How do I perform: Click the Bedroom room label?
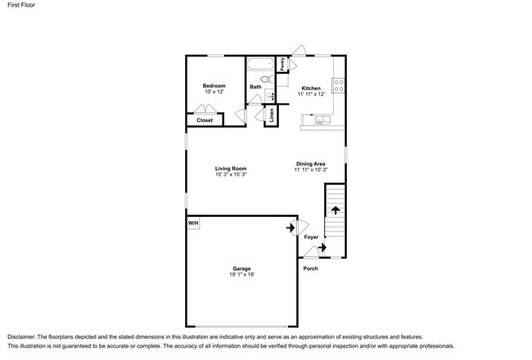click(214, 86)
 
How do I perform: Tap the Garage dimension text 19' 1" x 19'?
click(241, 274)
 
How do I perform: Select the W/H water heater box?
click(193, 223)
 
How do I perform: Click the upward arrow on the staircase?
click(336, 210)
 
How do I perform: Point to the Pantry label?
click(282, 64)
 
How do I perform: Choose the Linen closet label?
click(272, 115)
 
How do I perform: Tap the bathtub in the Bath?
click(260, 64)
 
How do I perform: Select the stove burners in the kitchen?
click(339, 85)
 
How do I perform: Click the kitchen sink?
click(322, 119)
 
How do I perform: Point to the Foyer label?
click(311, 237)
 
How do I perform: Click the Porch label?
click(310, 268)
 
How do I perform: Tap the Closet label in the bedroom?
click(205, 120)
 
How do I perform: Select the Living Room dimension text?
click(231, 174)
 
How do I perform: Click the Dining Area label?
click(311, 164)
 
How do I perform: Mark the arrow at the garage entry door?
click(291, 227)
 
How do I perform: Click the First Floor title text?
click(21, 5)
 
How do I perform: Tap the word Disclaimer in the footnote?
click(21, 337)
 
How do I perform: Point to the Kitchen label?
click(311, 88)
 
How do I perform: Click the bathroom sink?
click(270, 97)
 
